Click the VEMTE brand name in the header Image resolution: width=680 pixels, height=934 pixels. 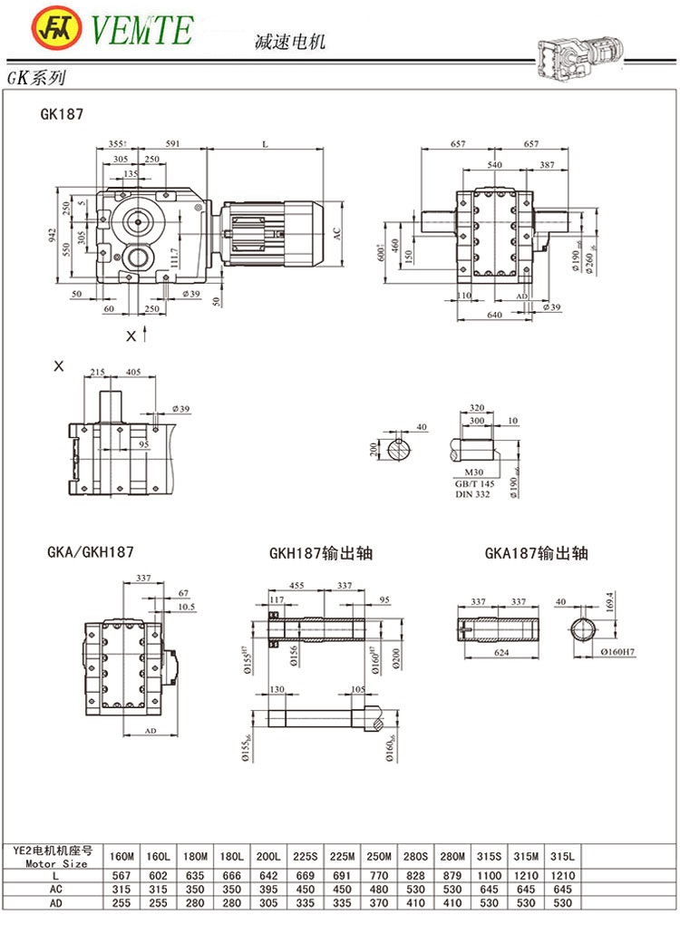coord(141,29)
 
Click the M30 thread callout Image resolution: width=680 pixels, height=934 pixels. coord(473,472)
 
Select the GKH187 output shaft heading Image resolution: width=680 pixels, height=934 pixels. coord(321,552)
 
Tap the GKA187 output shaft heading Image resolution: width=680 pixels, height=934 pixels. coord(536,552)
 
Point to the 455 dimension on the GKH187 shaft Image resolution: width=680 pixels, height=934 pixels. coord(296,585)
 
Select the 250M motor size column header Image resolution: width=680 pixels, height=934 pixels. coord(379,856)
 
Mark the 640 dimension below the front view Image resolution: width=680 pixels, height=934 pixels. coord(493,315)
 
